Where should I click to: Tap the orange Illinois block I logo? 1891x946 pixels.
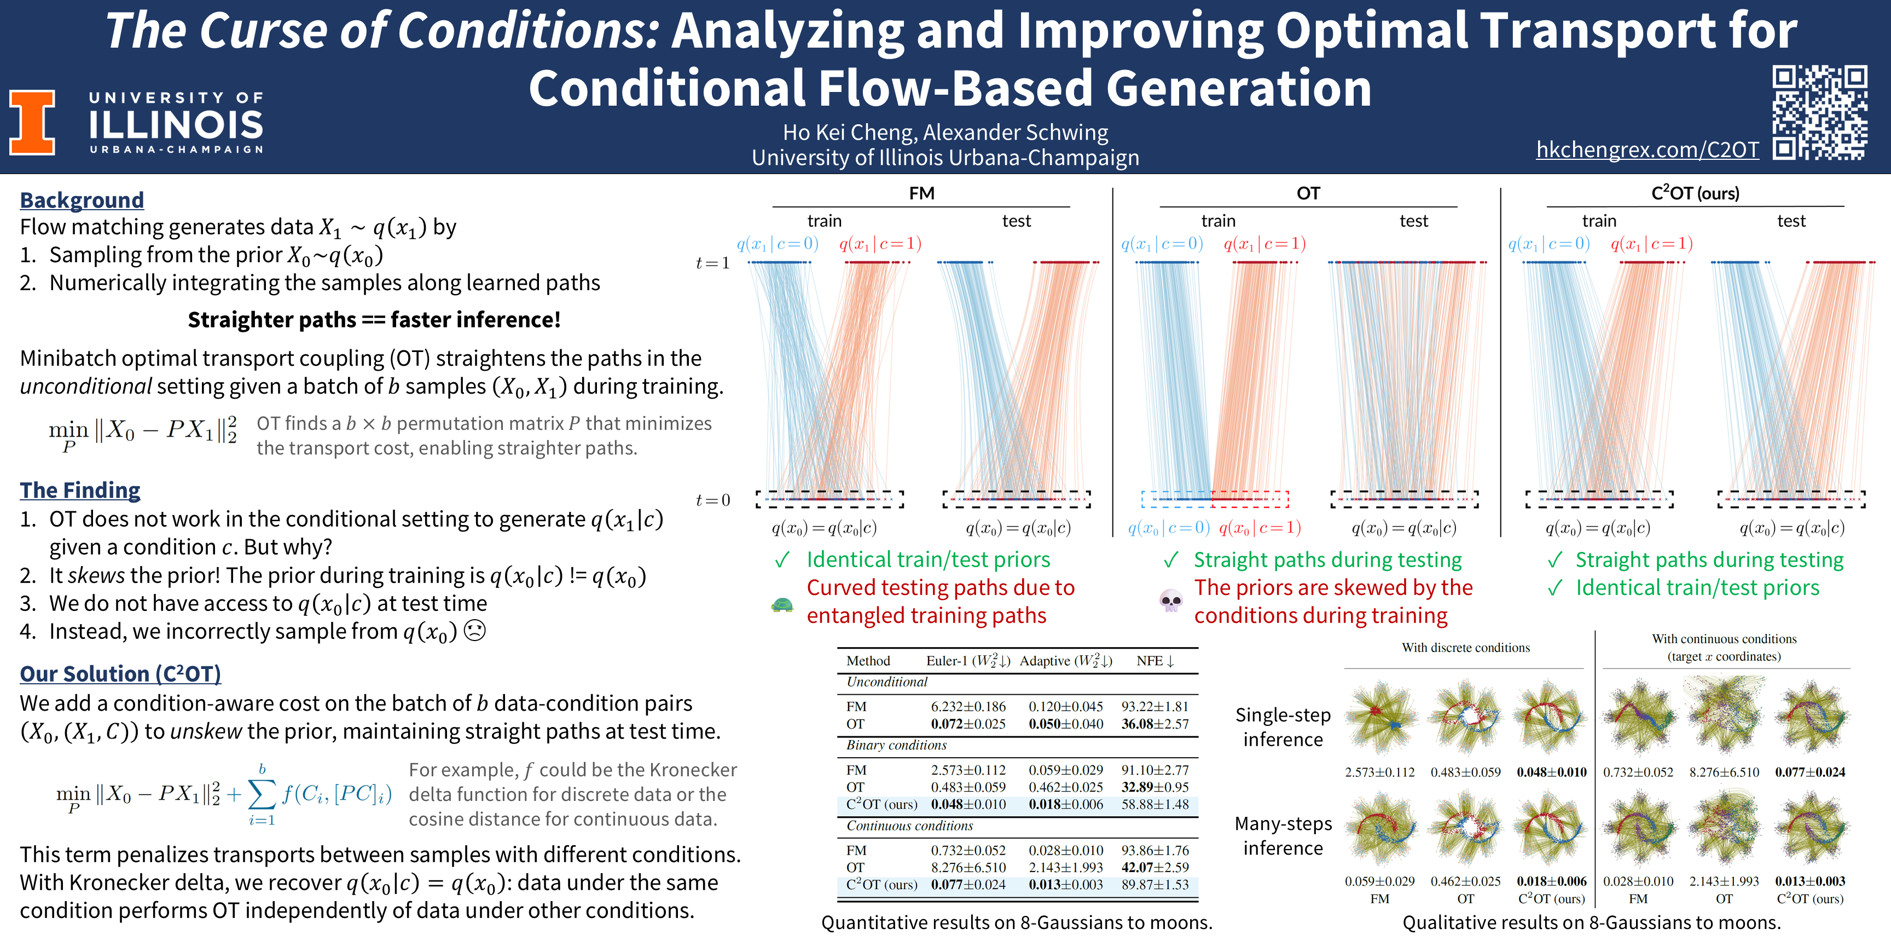(32, 122)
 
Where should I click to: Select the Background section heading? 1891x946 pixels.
(82, 200)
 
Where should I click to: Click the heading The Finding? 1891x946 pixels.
(80, 490)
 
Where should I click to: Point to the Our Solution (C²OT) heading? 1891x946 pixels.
(120, 673)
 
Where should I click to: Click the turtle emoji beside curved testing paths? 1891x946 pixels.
(782, 605)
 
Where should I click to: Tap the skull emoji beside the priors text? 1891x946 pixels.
(1170, 602)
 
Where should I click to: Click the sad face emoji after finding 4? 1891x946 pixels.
(475, 631)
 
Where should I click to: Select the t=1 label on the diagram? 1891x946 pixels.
(712, 263)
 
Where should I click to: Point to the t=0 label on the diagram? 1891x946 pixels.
(712, 500)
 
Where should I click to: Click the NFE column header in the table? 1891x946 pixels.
(1155, 661)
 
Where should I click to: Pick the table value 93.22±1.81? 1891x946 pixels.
(1155, 707)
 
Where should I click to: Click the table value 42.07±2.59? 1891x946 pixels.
(1155, 867)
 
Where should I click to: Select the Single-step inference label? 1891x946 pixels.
(1283, 727)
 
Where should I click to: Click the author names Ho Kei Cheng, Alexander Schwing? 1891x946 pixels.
(945, 132)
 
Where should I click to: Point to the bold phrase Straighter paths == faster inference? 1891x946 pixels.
(374, 320)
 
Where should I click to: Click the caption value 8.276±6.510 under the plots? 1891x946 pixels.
(1724, 772)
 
